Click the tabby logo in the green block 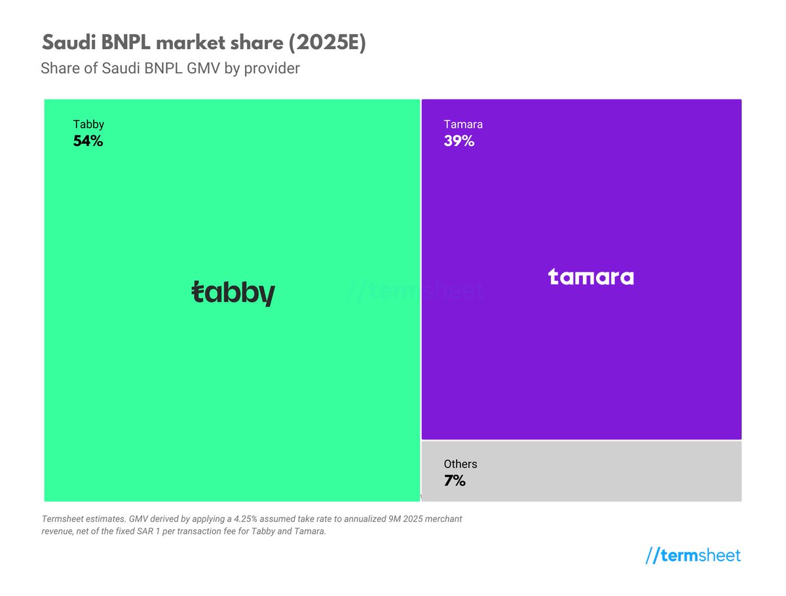coord(233,293)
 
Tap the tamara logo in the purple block coord(591,277)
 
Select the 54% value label coord(88,141)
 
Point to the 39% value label coord(458,141)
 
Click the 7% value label coord(454,481)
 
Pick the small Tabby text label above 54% coord(88,124)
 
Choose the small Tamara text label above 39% coord(463,124)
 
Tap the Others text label coord(460,464)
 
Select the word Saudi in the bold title coord(67,43)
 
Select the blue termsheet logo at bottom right coord(693,556)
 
